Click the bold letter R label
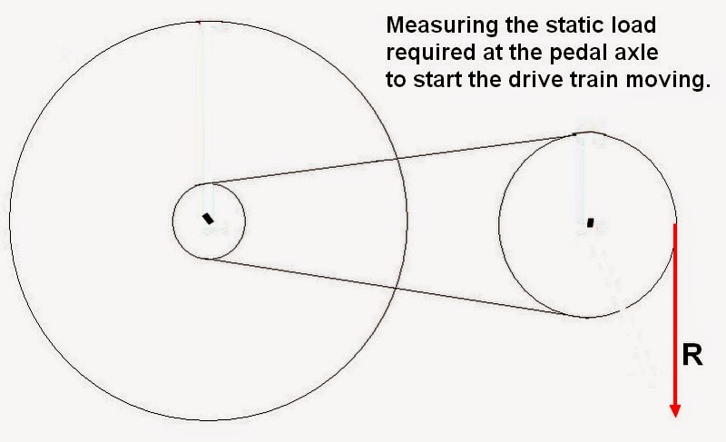pyautogui.click(x=692, y=355)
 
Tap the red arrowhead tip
pyautogui.click(x=675, y=416)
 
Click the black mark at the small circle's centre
pyautogui.click(x=208, y=218)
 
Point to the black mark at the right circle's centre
pyautogui.click(x=590, y=221)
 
